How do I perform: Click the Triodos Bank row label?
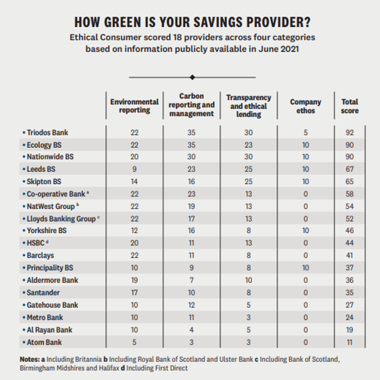click(47, 132)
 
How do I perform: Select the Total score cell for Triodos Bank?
click(349, 132)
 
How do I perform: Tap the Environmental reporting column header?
click(134, 106)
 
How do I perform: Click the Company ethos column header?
click(305, 106)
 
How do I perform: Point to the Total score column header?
click(349, 106)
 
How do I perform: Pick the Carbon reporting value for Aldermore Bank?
click(191, 280)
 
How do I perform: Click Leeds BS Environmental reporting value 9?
click(134, 169)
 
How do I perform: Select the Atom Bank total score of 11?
click(349, 342)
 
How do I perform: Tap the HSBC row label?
click(35, 243)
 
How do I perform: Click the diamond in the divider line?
click(192, 77)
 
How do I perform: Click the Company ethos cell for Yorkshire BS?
click(305, 231)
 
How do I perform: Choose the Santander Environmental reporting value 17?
click(134, 293)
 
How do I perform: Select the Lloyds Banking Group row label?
click(61, 219)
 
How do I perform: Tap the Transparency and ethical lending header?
click(249, 106)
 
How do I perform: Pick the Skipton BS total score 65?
click(349, 182)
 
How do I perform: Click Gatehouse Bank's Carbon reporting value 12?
click(191, 305)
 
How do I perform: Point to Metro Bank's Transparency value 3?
click(249, 317)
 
